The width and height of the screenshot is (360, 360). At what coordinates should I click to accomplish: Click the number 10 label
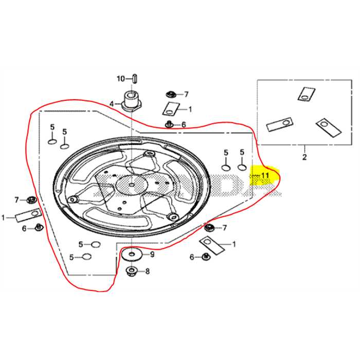(120, 79)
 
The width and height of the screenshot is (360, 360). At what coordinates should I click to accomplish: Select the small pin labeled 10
(133, 78)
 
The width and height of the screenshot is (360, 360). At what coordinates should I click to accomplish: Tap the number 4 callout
(111, 104)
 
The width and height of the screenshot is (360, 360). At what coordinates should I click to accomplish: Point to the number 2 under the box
(304, 156)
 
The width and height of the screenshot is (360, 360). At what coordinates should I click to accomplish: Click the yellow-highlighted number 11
(264, 175)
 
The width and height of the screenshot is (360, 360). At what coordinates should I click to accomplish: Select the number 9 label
(152, 254)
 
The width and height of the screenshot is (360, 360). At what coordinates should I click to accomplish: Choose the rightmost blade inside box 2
(328, 127)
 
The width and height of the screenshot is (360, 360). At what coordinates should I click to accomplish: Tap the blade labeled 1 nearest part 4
(170, 109)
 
